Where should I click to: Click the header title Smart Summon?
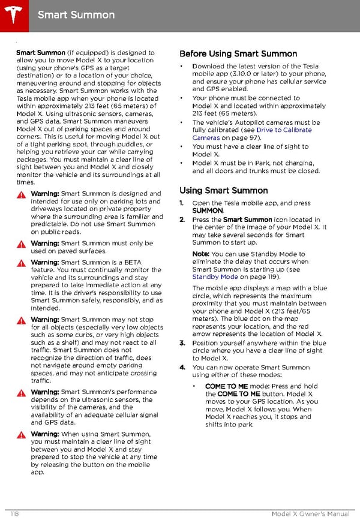pos(76,14)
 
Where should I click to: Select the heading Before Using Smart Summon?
pos(238,54)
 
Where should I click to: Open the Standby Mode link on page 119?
pos(215,277)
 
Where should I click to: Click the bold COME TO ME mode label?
pos(226,386)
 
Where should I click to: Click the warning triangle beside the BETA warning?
pos(20,263)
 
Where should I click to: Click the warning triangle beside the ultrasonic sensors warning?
pos(20,392)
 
